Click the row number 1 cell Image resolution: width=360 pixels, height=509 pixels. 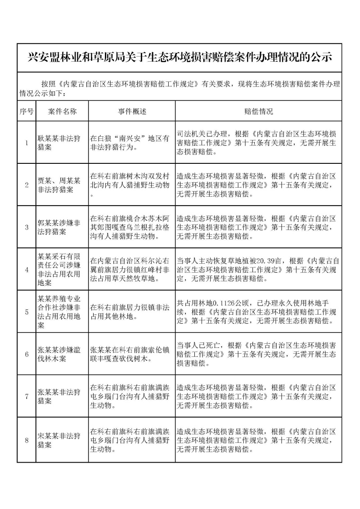27,143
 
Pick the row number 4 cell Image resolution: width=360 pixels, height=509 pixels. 27,270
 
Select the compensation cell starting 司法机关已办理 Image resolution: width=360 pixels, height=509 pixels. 256,143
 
